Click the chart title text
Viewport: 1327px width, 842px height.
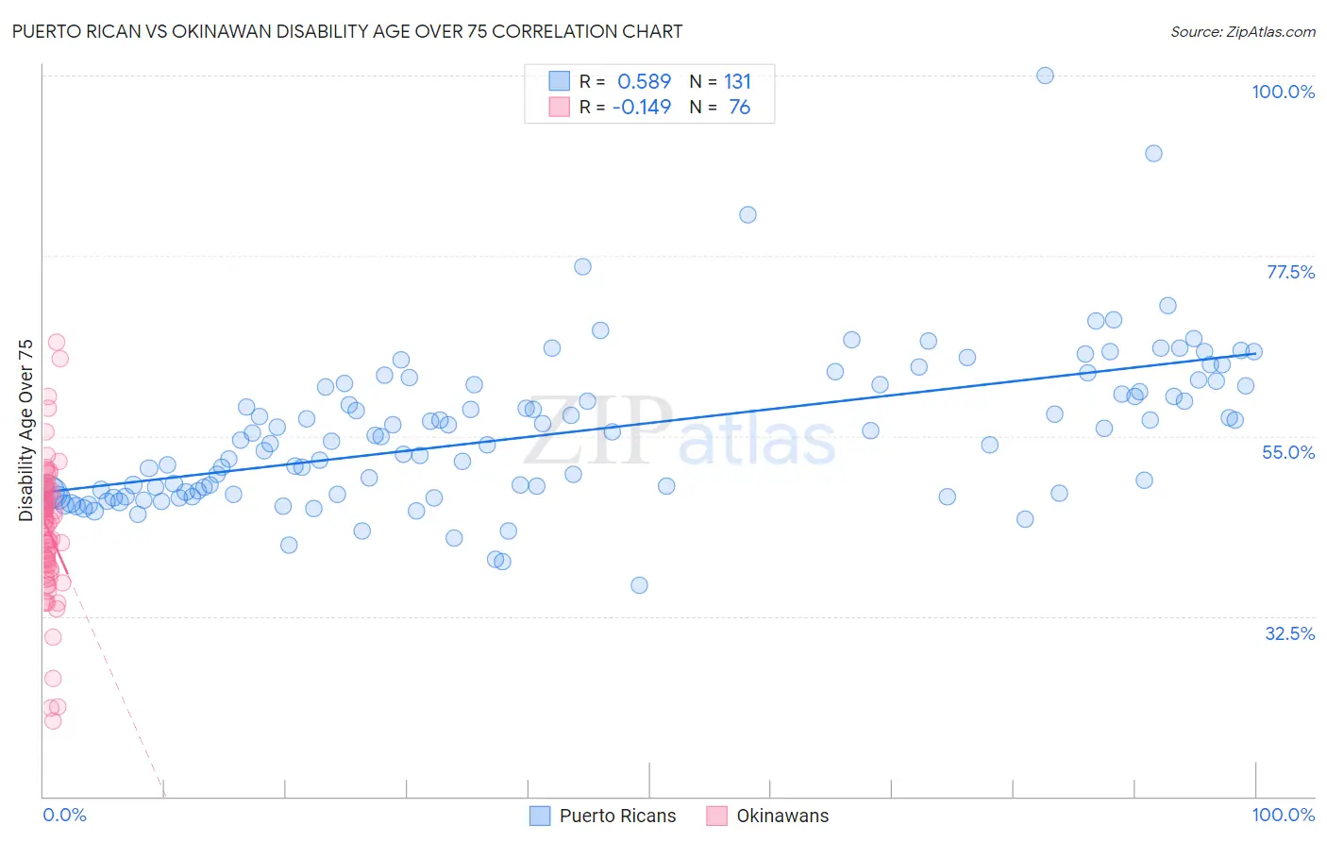coord(347,31)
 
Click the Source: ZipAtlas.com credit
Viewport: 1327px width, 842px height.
coord(1242,31)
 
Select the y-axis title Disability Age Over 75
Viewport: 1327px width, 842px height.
coord(26,429)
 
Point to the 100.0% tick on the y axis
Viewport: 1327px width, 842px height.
coord(1283,92)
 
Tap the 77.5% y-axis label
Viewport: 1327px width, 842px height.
coord(1290,272)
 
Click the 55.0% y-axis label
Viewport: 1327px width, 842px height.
coord(1288,452)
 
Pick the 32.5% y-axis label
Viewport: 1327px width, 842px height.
coord(1289,633)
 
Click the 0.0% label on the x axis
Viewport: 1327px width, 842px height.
coord(64,815)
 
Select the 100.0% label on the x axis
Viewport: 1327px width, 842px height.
coord(1283,815)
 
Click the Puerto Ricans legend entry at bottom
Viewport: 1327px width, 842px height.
coord(604,816)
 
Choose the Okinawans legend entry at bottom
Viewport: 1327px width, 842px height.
coord(769,816)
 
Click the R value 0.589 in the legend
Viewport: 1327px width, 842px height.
coord(644,81)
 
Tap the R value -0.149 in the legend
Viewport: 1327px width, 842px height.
coord(642,107)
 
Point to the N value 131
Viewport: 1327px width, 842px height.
coord(737,81)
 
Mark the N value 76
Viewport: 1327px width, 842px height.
coord(739,107)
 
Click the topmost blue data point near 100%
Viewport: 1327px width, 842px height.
coord(1045,76)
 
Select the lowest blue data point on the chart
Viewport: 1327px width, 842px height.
coord(639,585)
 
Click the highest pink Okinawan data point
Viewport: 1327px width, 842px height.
coord(56,343)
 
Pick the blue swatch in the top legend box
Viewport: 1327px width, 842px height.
coord(560,81)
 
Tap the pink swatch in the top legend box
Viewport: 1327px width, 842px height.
coord(560,107)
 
